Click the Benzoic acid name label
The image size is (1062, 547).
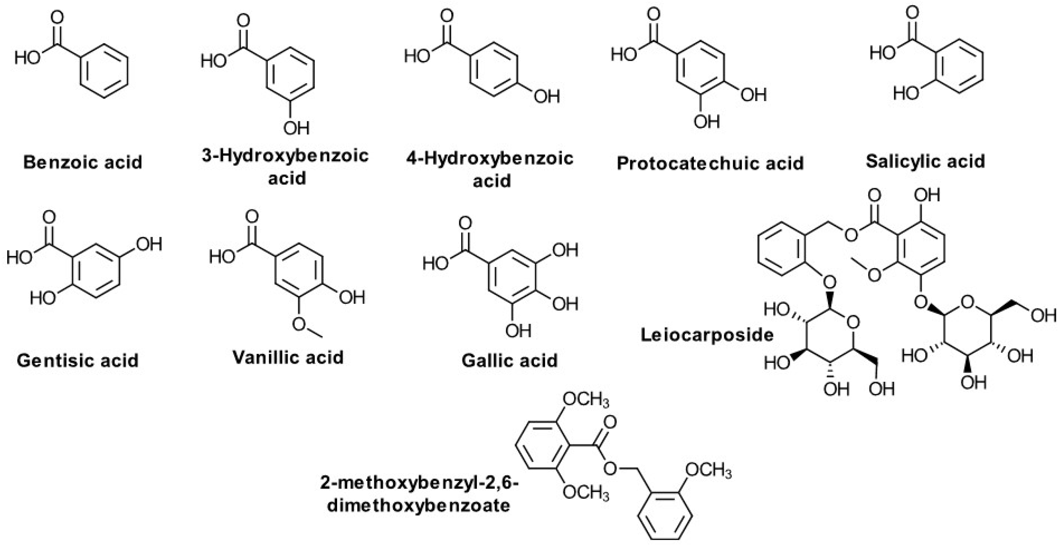(83, 162)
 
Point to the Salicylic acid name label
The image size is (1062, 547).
(926, 161)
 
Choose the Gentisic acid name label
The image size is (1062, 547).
(77, 361)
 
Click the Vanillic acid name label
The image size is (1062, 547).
(288, 357)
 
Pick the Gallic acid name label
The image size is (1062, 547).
(509, 361)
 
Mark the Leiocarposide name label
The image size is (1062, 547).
(707, 335)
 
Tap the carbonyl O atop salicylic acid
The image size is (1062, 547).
(912, 12)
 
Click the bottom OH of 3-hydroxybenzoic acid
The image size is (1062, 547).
(296, 128)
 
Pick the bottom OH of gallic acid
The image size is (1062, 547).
(518, 330)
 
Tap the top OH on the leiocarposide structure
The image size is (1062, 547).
(927, 195)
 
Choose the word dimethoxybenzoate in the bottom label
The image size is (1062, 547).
(418, 505)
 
